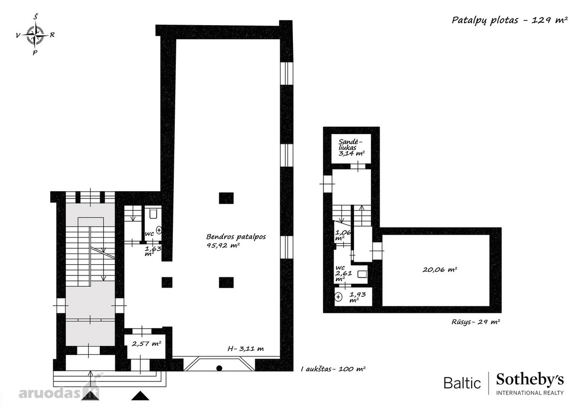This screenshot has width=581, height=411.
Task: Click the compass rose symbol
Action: click(x=35, y=35)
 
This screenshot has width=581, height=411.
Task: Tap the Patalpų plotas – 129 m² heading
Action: click(x=509, y=20)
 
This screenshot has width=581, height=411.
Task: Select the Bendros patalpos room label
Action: click(x=236, y=237)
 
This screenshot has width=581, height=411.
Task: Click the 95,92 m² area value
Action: click(x=223, y=245)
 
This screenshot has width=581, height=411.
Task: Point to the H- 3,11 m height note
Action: click(x=245, y=349)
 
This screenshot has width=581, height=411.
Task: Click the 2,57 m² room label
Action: click(x=147, y=344)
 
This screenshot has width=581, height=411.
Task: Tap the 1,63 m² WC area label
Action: click(x=153, y=251)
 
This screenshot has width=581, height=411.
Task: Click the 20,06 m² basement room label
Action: click(x=440, y=270)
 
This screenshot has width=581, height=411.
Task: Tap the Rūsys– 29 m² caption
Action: click(x=475, y=322)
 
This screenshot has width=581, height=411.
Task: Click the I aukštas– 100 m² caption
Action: click(x=333, y=369)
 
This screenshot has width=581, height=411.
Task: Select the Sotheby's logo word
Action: click(x=530, y=381)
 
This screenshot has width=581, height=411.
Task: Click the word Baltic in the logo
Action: click(x=462, y=383)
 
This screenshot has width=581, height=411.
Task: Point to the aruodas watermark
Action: click(x=59, y=392)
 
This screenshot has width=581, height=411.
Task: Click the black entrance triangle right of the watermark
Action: click(x=140, y=396)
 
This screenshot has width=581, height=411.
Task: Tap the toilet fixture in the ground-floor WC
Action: click(x=153, y=214)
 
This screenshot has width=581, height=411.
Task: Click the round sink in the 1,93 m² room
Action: click(x=338, y=296)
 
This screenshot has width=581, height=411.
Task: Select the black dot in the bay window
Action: click(x=219, y=368)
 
